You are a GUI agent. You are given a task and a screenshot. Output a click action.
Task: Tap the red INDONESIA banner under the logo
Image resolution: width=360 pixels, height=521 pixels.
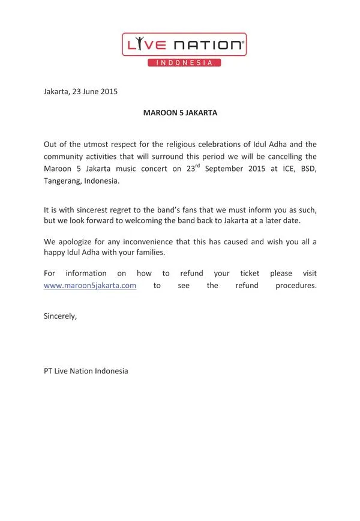[x=184, y=62]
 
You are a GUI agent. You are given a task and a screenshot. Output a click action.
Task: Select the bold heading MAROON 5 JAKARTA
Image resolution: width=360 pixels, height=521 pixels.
[x=179, y=112]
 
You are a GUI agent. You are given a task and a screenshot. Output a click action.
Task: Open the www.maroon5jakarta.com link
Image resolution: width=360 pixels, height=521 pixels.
[x=90, y=286]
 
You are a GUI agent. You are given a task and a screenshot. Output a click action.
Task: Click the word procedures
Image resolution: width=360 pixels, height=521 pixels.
[x=295, y=286]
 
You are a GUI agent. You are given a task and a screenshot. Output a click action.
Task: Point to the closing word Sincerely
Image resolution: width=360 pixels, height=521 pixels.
[x=60, y=315]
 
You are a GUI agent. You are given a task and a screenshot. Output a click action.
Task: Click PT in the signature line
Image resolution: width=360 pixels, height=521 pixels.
[x=48, y=371]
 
